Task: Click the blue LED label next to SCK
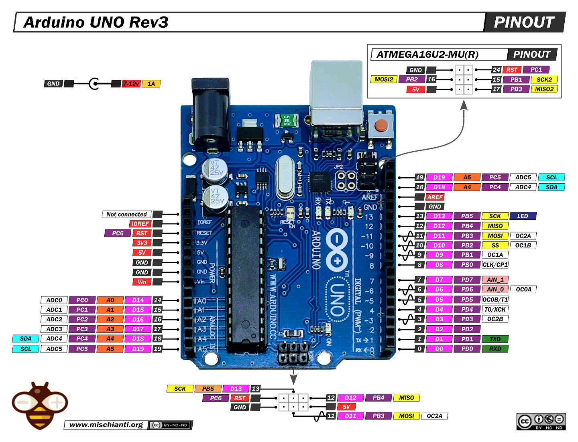(x=523, y=216)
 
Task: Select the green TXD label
(x=495, y=339)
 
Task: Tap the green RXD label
(x=495, y=349)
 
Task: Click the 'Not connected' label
(x=126, y=215)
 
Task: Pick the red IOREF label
(x=140, y=224)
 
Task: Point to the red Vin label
(x=142, y=282)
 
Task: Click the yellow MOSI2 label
(x=384, y=79)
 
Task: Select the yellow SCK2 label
(x=544, y=79)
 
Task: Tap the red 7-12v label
(x=131, y=84)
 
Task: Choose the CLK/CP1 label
(x=495, y=265)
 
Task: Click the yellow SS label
(x=495, y=245)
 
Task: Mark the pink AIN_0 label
(x=495, y=289)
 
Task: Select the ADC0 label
(x=54, y=300)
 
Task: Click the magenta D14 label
(x=138, y=300)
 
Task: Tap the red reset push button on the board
(x=381, y=126)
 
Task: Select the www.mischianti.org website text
(x=106, y=425)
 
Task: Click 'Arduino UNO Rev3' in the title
(x=96, y=22)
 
